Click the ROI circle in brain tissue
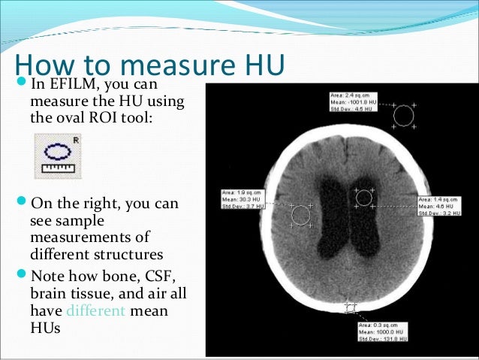[x=300, y=214]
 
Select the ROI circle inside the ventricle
[x=364, y=198]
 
